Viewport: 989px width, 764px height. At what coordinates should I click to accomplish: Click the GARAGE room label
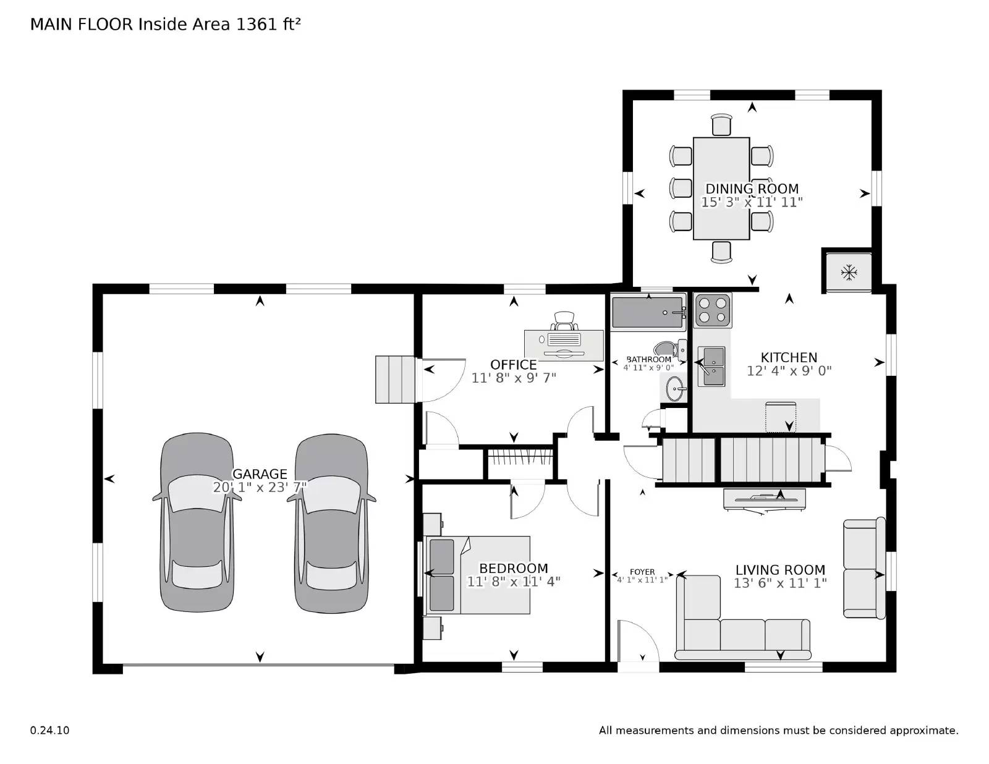(x=260, y=474)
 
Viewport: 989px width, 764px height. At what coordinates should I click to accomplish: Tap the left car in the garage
(x=197, y=522)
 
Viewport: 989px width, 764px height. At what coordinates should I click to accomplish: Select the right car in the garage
(x=331, y=522)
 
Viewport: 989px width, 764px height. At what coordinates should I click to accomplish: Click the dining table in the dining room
(x=721, y=189)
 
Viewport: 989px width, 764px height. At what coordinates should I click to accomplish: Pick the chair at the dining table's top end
(x=721, y=124)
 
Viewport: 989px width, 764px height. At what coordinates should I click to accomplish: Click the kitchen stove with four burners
(x=713, y=310)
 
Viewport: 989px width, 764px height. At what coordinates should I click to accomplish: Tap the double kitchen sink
(x=711, y=367)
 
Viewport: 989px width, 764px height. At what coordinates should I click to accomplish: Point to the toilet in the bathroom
(x=671, y=349)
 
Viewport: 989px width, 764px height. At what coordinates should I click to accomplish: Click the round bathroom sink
(x=675, y=389)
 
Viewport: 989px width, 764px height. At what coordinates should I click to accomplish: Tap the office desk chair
(x=564, y=321)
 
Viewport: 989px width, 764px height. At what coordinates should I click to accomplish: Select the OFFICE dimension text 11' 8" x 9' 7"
(x=514, y=378)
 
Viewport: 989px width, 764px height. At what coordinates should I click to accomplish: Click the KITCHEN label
(x=789, y=357)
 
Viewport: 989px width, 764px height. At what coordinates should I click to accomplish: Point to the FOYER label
(x=642, y=572)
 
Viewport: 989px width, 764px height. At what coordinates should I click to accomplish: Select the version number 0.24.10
(x=49, y=730)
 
